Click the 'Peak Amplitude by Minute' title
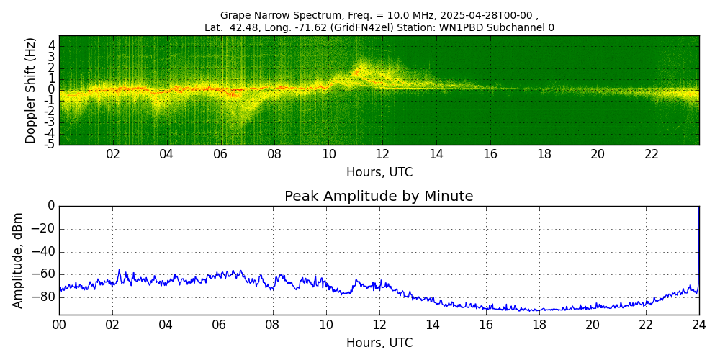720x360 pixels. pos(379,197)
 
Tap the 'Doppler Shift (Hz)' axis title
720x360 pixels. pos(31,91)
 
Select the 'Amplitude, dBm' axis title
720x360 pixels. pos(19,260)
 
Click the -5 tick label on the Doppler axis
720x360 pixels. pos(50,144)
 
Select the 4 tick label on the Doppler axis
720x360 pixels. pos(52,45)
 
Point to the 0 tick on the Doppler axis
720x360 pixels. pos(52,90)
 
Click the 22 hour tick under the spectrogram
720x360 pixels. pos(651,154)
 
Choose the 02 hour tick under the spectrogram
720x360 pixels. pos(113,154)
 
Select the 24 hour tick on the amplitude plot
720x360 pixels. pos(698,324)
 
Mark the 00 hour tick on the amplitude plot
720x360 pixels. pos(59,324)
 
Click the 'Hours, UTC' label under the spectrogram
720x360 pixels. pos(379,172)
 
